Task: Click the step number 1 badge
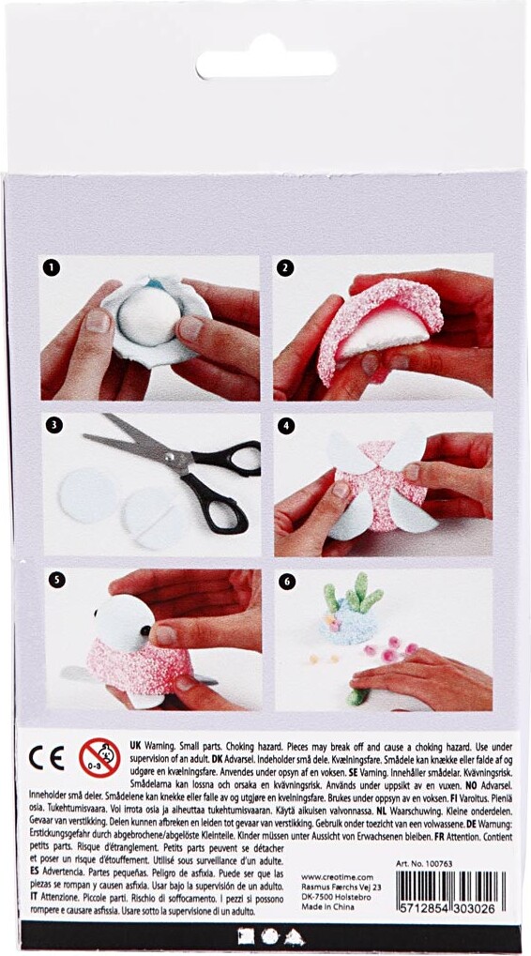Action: tap(52, 267)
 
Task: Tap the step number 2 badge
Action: tap(285, 267)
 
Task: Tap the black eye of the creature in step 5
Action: tap(148, 630)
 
